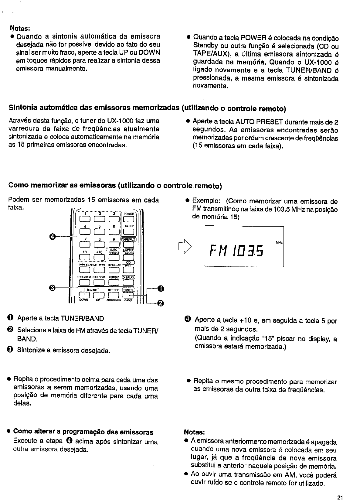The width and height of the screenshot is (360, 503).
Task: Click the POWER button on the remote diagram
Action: point(128,219)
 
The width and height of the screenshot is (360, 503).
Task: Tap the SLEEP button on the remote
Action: point(129,232)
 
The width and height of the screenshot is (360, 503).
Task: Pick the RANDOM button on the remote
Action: point(99,282)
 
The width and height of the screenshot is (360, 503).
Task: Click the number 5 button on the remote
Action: point(99,232)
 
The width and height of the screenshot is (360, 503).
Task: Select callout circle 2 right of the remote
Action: point(161,303)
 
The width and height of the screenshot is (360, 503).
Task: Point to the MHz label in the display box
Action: point(279,242)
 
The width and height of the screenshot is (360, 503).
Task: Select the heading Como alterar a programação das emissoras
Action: point(83,432)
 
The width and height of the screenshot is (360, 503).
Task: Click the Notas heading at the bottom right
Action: point(195,432)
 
